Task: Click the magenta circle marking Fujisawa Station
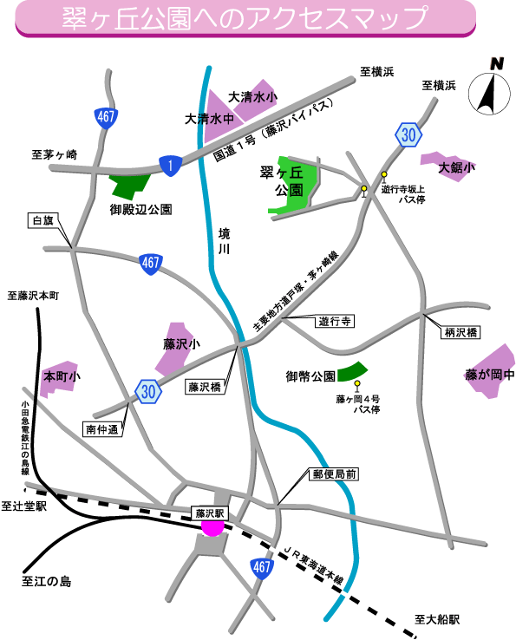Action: (212, 527)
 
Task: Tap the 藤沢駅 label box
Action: (210, 513)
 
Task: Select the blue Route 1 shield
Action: (170, 166)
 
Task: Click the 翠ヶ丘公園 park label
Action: (282, 181)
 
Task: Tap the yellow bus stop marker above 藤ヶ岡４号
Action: (357, 386)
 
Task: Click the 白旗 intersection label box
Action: (43, 220)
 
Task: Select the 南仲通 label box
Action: (102, 429)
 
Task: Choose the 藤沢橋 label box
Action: (205, 387)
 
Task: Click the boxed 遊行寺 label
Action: (335, 321)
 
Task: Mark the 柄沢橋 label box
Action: (460, 332)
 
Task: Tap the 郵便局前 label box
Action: (335, 474)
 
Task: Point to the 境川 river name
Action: (224, 241)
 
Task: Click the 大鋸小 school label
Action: (456, 167)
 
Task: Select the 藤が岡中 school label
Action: (490, 374)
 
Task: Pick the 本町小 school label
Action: (62, 376)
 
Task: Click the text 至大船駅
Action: (437, 619)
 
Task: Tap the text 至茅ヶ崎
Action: (55, 154)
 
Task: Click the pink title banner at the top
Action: (245, 19)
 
